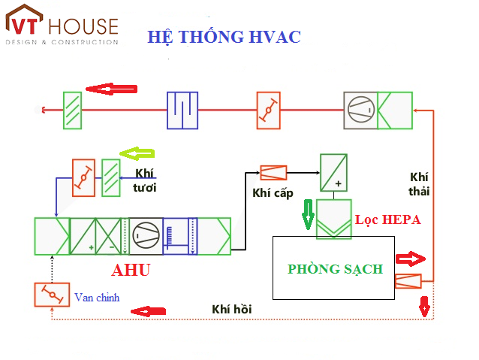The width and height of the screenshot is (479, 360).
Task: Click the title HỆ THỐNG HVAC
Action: tap(224, 37)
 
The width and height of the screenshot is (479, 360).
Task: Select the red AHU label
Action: tap(131, 271)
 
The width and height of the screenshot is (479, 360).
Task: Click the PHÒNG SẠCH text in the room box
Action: tap(335, 268)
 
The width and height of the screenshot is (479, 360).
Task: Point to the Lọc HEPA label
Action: tap(387, 220)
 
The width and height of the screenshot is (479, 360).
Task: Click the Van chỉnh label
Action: tap(97, 297)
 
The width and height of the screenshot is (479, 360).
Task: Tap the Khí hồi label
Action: tap(232, 309)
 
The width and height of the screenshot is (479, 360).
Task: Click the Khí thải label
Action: tap(419, 183)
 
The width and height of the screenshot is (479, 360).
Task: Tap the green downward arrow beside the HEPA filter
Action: tap(307, 213)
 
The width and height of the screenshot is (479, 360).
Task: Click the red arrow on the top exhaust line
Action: tap(111, 89)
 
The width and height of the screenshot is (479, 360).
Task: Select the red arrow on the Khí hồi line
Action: tap(148, 310)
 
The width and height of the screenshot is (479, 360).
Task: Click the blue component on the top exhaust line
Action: tap(182, 110)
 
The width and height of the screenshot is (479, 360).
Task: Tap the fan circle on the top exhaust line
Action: tap(360, 110)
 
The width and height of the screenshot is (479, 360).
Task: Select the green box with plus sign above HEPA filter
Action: tap(333, 173)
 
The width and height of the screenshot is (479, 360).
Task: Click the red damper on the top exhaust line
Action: tap(268, 110)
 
